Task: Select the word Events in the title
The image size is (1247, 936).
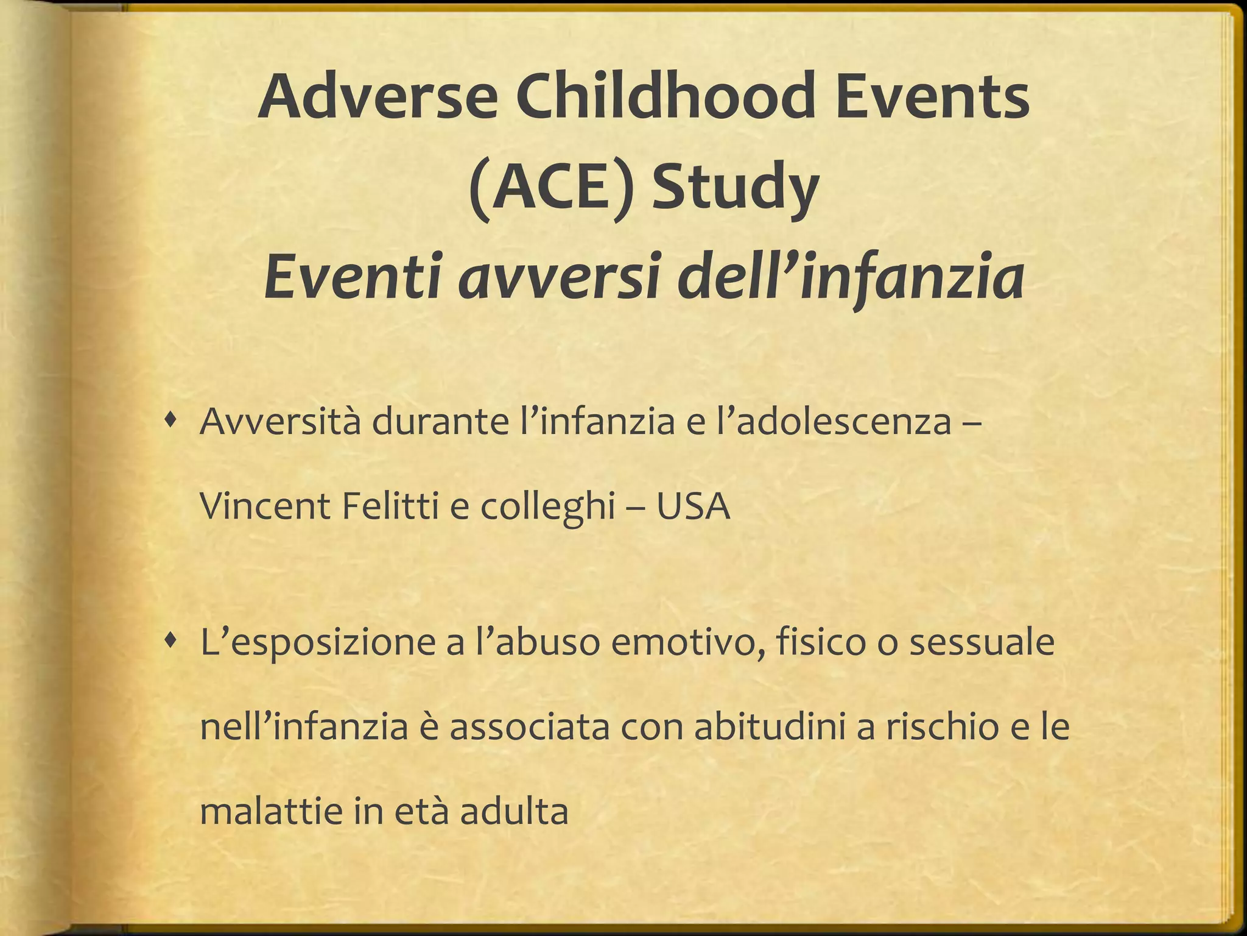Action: [x=932, y=96]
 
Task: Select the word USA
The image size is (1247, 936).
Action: [x=692, y=506]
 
